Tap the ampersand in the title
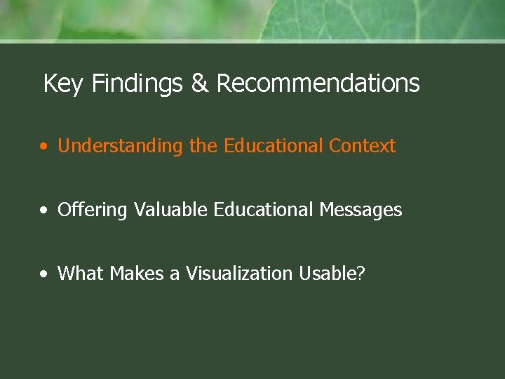[200, 84]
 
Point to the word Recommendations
[318, 84]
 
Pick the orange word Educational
[274, 146]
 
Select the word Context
[362, 146]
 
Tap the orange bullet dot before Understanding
[44, 147]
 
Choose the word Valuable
[171, 210]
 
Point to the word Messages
[361, 210]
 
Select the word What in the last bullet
[81, 274]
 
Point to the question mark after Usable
[361, 274]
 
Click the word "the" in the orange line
[203, 146]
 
